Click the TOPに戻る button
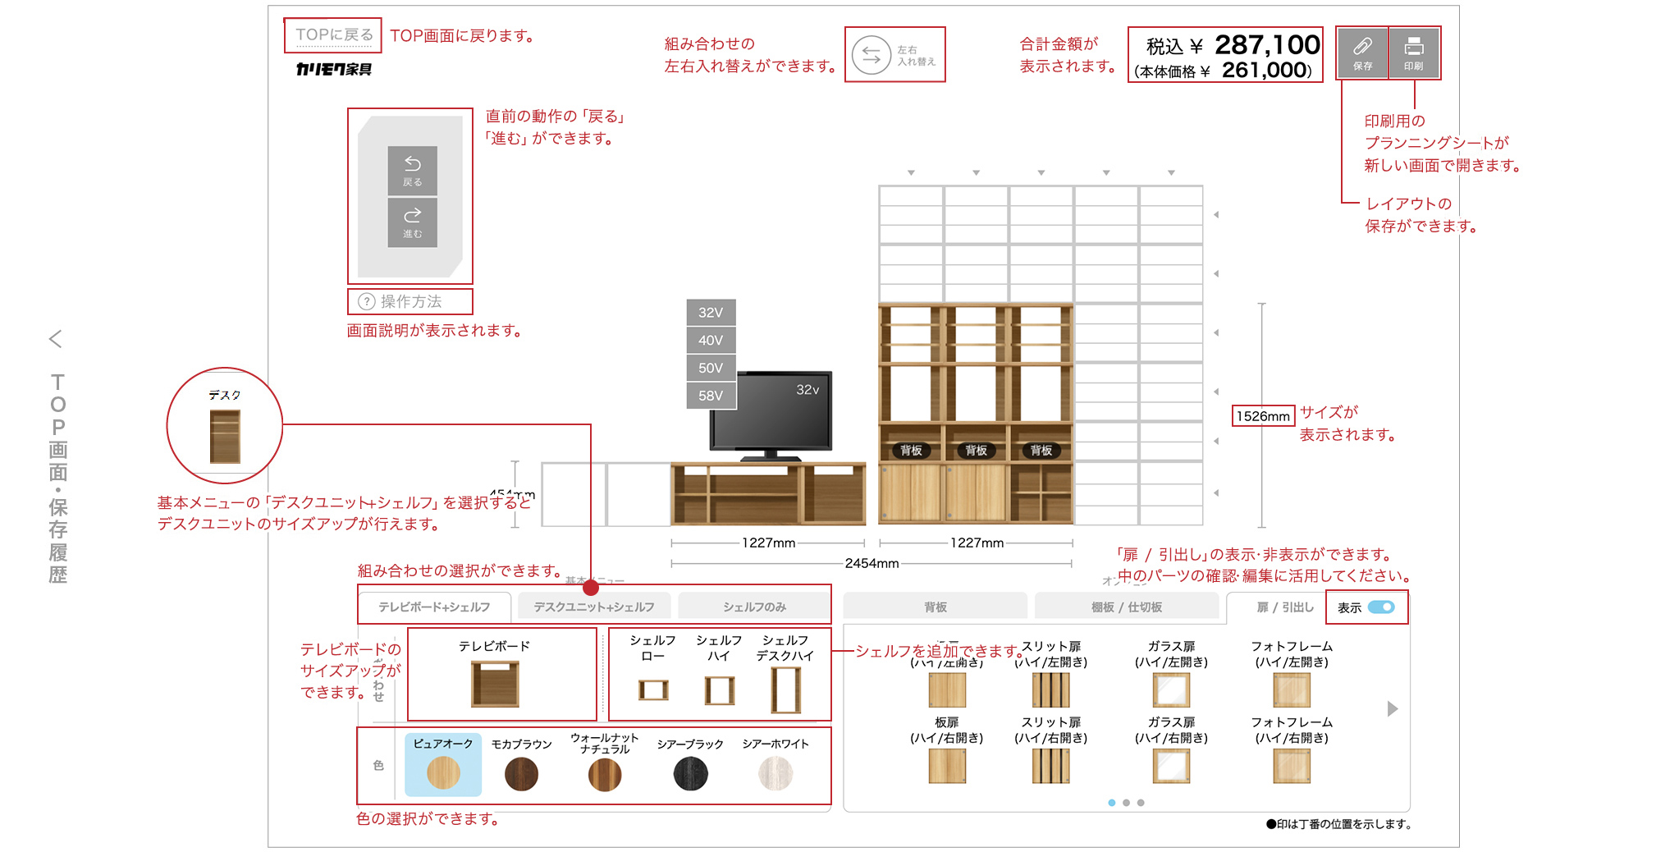coord(333,35)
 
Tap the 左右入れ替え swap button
coord(894,55)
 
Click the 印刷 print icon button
coord(1413,53)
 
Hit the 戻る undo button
coord(412,171)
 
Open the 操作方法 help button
coord(410,301)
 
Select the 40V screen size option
coord(711,340)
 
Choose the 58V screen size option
coord(711,396)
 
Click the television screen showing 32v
coord(771,410)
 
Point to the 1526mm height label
coord(1263,416)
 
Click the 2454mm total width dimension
coord(872,563)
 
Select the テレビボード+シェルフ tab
coord(434,607)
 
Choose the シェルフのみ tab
coord(754,607)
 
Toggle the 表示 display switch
coord(1381,607)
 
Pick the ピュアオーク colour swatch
coord(443,772)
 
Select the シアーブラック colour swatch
coord(690,773)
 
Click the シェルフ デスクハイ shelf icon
coord(785,689)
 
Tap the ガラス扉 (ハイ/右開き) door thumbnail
coord(1171,766)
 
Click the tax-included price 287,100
coord(1266,44)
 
